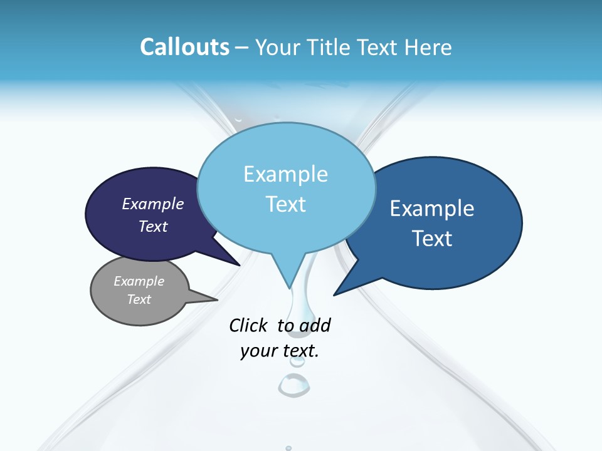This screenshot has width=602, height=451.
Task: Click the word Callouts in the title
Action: pos(184,47)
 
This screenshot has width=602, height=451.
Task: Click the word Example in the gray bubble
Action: pos(139,281)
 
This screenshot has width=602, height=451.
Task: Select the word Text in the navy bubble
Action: pos(153,226)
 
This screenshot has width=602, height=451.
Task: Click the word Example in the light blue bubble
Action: pos(285,174)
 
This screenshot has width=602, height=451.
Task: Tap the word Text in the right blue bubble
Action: pos(433,239)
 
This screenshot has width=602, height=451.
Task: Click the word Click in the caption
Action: pos(249,325)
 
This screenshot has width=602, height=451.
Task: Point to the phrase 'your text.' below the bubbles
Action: pos(280,351)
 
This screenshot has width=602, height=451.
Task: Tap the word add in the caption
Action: pos(315,325)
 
